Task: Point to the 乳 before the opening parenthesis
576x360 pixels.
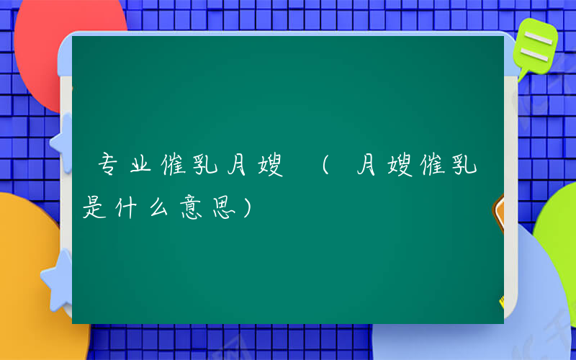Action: click(204, 168)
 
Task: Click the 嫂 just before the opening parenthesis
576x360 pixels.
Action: click(269, 168)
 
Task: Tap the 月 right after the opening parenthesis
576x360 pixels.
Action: click(367, 168)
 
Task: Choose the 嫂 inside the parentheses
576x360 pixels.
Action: click(400, 168)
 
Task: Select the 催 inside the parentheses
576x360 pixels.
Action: click(432, 168)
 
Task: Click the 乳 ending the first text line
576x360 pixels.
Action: click(464, 168)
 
